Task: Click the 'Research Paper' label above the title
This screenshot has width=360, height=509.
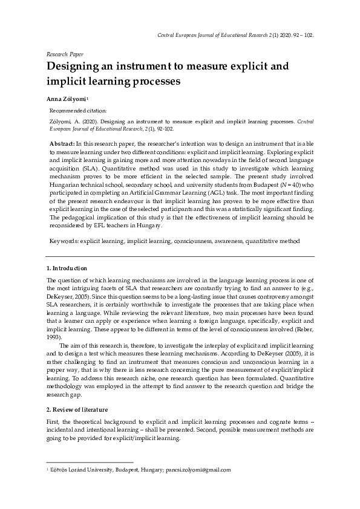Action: pyautogui.click(x=65, y=54)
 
